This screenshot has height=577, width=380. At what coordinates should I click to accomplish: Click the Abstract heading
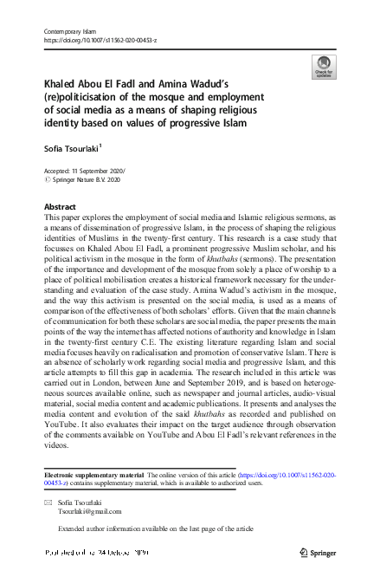pos(60,207)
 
